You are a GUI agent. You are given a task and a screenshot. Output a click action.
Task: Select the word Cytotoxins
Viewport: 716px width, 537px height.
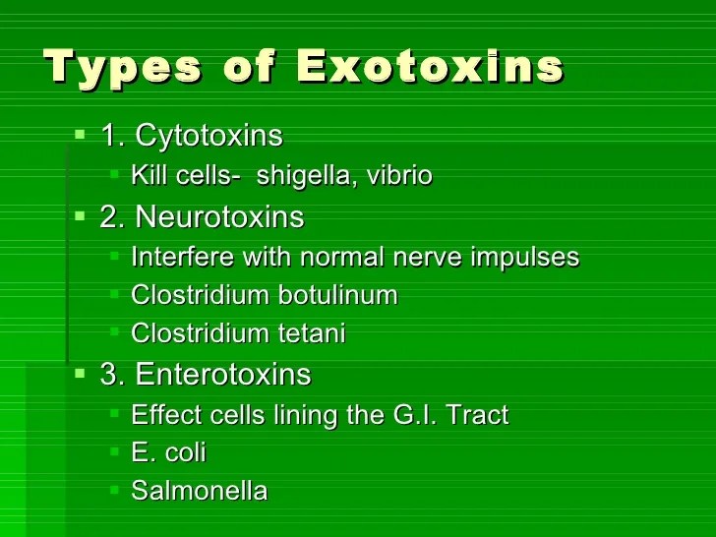[x=209, y=136]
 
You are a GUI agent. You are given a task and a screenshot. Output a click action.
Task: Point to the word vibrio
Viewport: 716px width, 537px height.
[x=399, y=177]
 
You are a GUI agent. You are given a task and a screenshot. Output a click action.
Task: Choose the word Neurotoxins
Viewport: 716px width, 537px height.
[x=219, y=216]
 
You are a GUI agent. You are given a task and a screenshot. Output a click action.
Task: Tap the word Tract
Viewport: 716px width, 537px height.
[x=477, y=415]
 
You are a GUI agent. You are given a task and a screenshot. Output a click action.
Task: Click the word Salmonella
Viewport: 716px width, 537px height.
[x=199, y=491]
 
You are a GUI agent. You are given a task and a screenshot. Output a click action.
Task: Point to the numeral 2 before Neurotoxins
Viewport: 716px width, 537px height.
[x=108, y=216]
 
